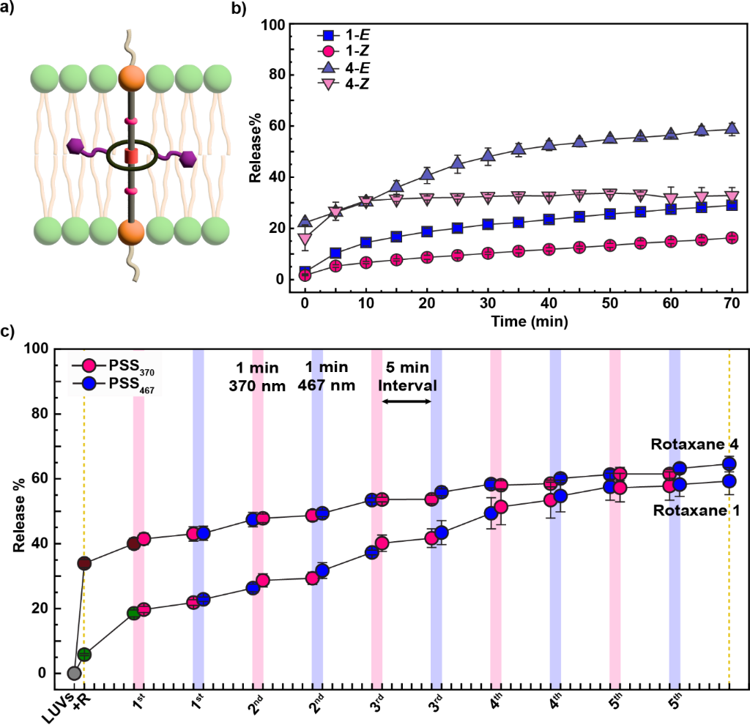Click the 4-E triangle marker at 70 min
[x=730, y=129]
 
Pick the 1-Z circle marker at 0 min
[x=305, y=275]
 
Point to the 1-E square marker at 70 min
[x=730, y=205]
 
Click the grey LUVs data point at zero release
[x=73, y=673]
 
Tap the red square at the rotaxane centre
[x=131, y=156]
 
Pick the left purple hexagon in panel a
[x=75, y=146]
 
